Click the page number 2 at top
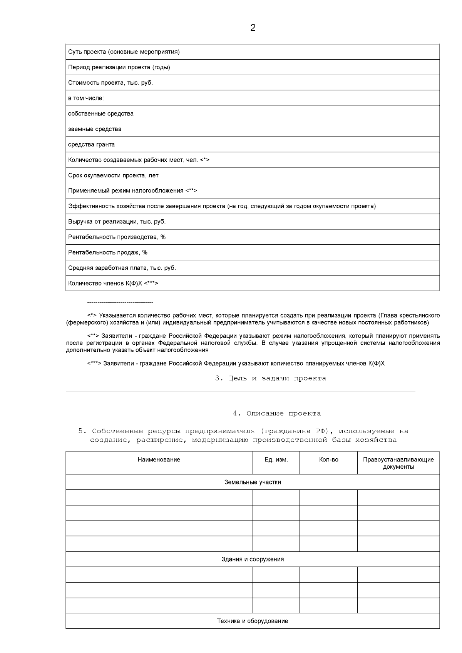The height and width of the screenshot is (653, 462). click(253, 28)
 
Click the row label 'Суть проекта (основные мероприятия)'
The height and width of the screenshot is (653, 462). click(124, 52)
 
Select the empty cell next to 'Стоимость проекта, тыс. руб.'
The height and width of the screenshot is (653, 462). click(366, 83)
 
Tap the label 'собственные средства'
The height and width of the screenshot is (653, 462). click(101, 114)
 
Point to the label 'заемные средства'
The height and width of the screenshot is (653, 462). click(95, 129)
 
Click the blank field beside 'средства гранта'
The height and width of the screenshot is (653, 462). click(366, 144)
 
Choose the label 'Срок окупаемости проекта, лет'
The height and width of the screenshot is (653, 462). click(113, 175)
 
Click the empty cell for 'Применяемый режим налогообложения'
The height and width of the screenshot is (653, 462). click(366, 191)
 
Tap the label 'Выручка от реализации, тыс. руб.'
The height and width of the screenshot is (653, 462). click(117, 222)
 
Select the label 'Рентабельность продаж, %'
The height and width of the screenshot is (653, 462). click(108, 252)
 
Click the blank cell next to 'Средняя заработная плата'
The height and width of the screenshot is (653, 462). click(366, 268)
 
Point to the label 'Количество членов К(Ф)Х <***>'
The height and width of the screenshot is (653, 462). click(113, 283)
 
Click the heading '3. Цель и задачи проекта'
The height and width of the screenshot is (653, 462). click(270, 378)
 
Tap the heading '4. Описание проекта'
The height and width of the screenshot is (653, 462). click(276, 414)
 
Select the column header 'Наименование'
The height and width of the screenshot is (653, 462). click(159, 459)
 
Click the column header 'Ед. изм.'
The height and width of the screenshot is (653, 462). click(276, 459)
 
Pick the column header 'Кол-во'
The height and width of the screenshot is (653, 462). click(328, 459)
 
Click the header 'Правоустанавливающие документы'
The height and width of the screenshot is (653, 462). click(398, 463)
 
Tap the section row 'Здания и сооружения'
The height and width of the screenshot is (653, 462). click(252, 559)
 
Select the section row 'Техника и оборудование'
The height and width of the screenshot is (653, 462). click(252, 621)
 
